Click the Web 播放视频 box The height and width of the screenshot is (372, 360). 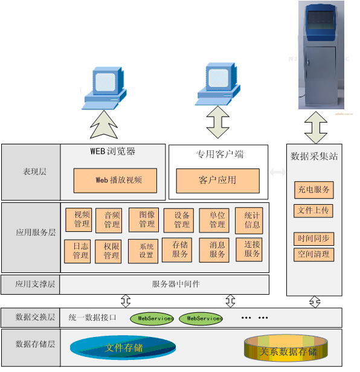[x=115, y=181]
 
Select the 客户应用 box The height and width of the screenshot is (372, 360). [x=217, y=181]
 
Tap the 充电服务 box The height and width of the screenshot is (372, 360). [x=313, y=190]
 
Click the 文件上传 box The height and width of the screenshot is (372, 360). [x=313, y=211]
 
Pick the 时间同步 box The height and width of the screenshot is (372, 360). [x=313, y=239]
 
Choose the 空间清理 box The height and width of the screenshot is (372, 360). [x=313, y=255]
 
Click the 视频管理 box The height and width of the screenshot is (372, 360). [x=79, y=220]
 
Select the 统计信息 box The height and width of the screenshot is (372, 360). [x=249, y=220]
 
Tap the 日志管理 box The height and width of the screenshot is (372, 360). [x=77, y=251]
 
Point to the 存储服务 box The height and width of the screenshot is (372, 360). [x=177, y=250]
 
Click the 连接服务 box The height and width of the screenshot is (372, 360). [x=249, y=249]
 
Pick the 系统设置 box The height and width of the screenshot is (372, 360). [x=143, y=251]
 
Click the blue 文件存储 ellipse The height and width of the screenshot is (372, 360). [x=123, y=348]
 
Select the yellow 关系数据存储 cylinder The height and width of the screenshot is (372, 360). [x=286, y=348]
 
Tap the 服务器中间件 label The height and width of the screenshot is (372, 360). [x=176, y=284]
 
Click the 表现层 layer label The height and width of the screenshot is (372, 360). [x=34, y=172]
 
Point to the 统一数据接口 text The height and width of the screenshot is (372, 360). [x=92, y=318]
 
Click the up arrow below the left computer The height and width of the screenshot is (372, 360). [x=104, y=124]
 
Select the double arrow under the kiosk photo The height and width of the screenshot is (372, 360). [x=316, y=127]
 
